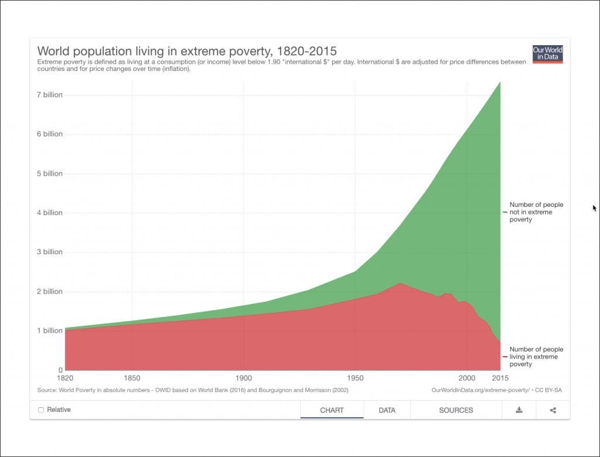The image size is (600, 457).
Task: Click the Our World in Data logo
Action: click(x=547, y=54)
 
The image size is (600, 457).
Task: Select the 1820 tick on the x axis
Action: click(x=65, y=378)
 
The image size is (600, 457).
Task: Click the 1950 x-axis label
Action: click(x=355, y=378)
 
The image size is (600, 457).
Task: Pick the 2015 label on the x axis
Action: click(x=500, y=378)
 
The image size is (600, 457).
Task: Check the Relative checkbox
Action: click(x=41, y=410)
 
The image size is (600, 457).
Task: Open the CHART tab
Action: click(x=332, y=410)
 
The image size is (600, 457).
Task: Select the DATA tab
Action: click(x=387, y=410)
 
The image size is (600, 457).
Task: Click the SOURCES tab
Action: click(x=456, y=410)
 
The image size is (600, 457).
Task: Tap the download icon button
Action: click(x=519, y=410)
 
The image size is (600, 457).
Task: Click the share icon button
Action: click(x=553, y=410)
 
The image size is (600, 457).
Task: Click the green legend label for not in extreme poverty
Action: click(x=536, y=212)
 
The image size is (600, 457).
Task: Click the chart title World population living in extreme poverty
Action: click(x=187, y=50)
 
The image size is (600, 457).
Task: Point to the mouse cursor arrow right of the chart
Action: click(x=594, y=207)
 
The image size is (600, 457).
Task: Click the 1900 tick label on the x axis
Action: click(x=244, y=378)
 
